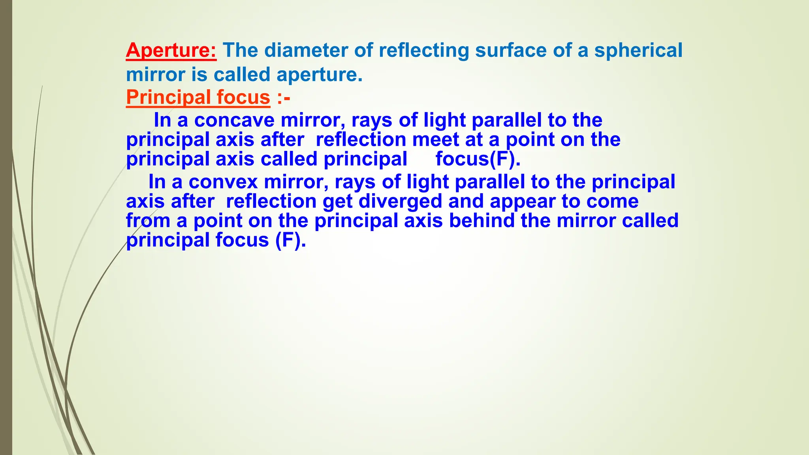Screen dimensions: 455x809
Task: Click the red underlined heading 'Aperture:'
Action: [x=171, y=51]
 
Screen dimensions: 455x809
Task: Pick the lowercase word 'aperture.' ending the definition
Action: [x=319, y=75]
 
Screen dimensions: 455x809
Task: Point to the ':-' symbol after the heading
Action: [x=284, y=98]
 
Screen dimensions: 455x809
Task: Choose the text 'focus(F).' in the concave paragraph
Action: [x=478, y=159]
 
